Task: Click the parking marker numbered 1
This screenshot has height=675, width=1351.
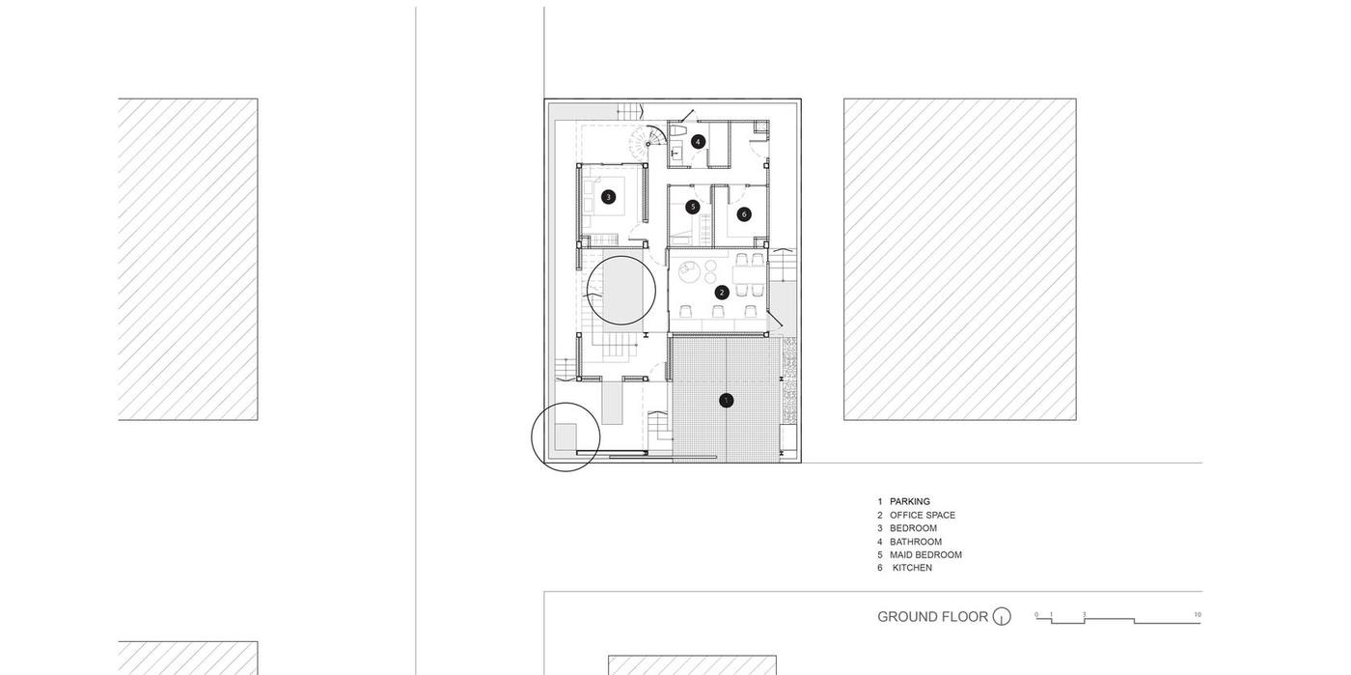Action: (726, 401)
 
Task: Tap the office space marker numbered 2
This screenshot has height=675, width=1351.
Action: (722, 293)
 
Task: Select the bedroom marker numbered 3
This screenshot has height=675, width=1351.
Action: (609, 197)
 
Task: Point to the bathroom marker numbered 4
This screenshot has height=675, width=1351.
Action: (698, 142)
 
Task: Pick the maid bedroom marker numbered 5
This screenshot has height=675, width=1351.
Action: (693, 207)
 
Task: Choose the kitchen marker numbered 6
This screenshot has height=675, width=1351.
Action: (744, 214)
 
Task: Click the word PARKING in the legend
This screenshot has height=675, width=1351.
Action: (910, 502)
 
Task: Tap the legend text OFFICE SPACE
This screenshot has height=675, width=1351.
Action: (923, 515)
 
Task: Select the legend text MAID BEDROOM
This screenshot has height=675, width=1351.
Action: (925, 555)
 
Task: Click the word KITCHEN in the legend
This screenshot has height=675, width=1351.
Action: (912, 568)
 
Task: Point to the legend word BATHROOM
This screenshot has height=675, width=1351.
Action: (916, 542)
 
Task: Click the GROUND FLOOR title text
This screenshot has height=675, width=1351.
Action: (932, 616)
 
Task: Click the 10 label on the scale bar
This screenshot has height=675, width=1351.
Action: (1198, 614)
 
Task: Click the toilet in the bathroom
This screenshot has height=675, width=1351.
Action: (676, 131)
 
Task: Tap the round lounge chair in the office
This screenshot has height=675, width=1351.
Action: (688, 271)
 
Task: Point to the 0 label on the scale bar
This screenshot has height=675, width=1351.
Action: (1036, 614)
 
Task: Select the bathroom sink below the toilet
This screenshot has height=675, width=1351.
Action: (676, 153)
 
